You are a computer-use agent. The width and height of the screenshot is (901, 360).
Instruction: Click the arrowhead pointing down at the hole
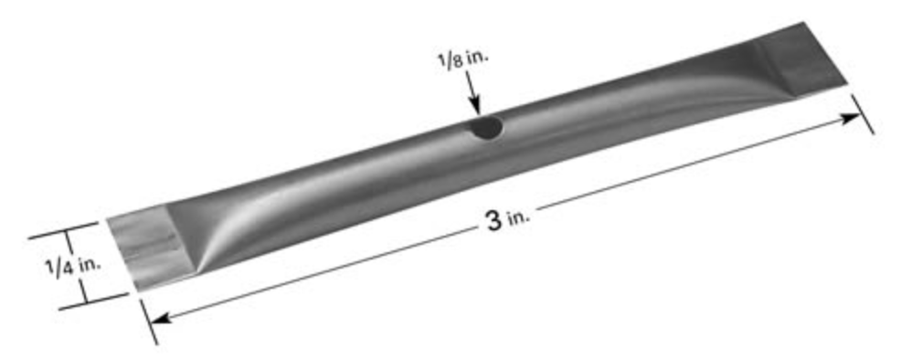474,106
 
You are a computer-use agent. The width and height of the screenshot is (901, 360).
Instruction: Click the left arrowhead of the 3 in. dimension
163,317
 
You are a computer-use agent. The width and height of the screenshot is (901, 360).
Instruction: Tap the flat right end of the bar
801,60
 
